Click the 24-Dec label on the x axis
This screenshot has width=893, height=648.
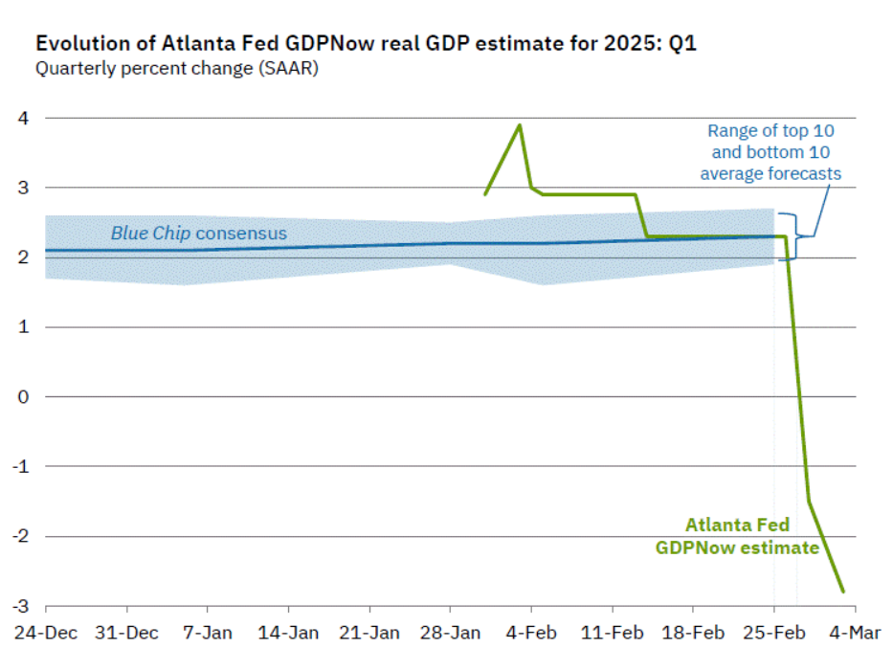[45, 632]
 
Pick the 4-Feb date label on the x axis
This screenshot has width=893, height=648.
[531, 632]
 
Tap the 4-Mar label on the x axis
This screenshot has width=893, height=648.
[856, 632]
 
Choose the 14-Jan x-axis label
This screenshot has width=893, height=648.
[288, 632]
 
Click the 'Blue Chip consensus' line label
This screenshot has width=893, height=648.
[198, 233]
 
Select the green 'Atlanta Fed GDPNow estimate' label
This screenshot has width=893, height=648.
[737, 536]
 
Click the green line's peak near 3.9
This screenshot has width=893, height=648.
[520, 124]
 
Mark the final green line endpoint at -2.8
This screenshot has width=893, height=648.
[843, 592]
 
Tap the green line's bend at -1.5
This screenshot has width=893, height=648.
[809, 501]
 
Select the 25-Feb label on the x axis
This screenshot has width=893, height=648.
[774, 632]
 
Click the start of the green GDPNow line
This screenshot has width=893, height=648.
[485, 194]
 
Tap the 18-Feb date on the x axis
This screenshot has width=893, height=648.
[693, 632]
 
